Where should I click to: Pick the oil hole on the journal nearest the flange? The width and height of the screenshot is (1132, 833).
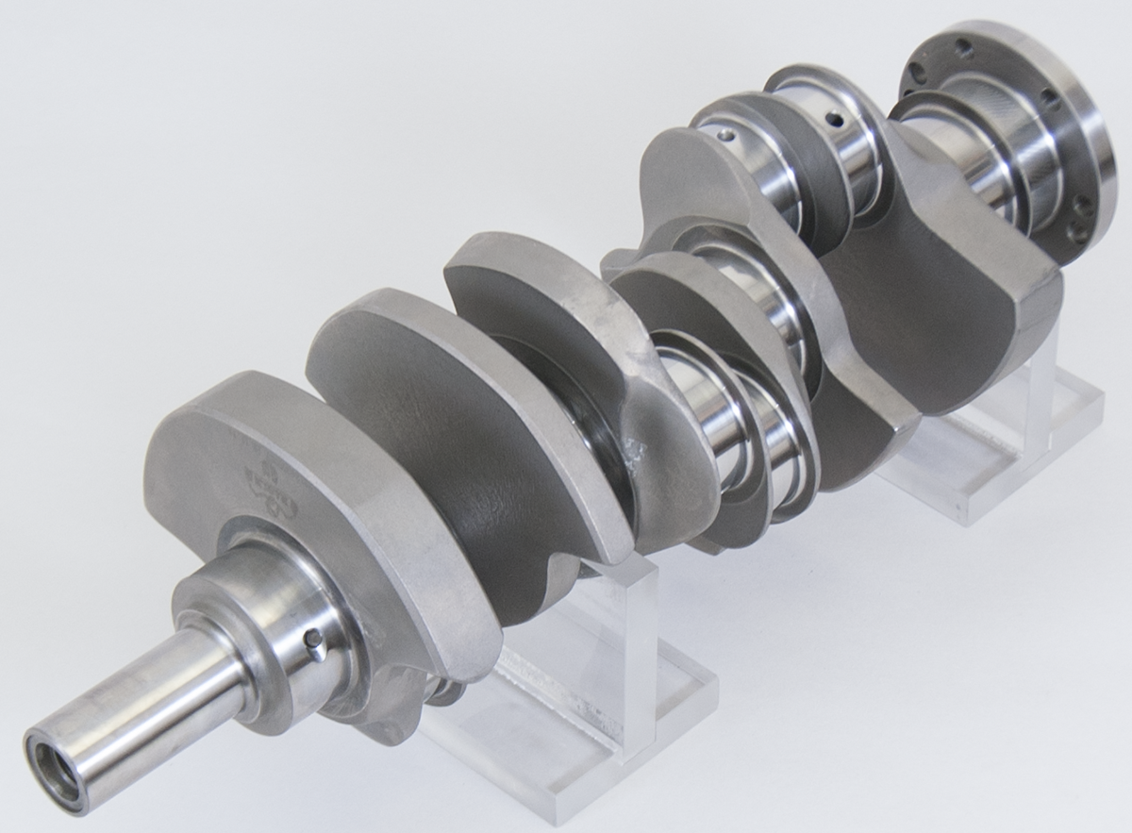tap(833, 121)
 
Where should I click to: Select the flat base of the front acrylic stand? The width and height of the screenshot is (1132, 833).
tap(566, 736)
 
